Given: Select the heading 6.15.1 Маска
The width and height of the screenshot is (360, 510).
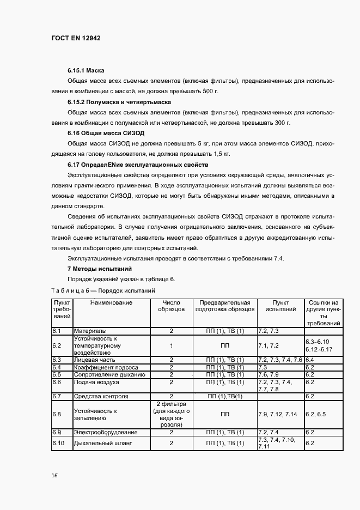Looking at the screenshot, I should pos(86,71).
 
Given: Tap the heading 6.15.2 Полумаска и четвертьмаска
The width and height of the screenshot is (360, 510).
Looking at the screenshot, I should pos(119,102).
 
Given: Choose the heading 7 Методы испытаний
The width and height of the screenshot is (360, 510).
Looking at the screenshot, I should pos(100,269).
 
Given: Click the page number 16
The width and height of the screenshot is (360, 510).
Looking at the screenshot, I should pos(54,475).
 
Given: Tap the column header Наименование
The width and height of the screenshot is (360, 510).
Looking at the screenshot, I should pos(111,302).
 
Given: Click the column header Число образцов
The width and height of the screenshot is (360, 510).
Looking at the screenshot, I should pos(171,306).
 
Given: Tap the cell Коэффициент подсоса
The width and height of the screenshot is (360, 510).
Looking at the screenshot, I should pos(105,367).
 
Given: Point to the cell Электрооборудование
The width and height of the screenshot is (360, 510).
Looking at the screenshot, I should pos(106,432).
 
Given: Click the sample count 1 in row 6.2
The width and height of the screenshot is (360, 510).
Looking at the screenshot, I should pos(171,345).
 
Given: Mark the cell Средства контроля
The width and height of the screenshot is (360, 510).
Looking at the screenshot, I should pos(101,396).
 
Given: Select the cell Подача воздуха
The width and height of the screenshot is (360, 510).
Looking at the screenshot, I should pos(96,382).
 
